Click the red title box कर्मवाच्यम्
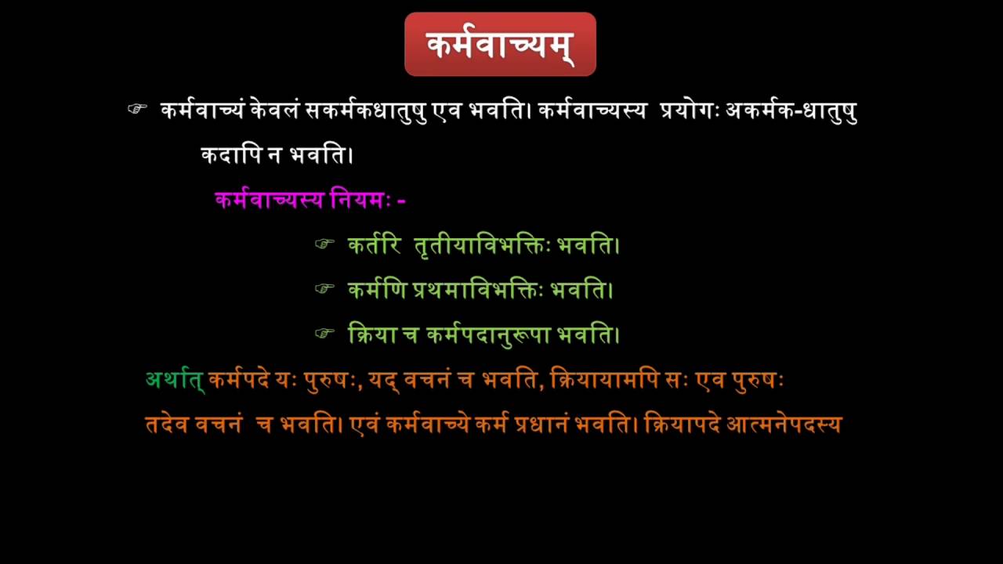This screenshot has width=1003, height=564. coord(500,45)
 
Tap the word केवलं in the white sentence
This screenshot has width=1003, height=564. coord(274,110)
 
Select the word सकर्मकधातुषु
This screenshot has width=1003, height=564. coord(365,111)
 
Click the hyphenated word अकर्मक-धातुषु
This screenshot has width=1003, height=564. coord(791,111)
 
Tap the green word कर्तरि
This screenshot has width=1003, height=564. coord(375,245)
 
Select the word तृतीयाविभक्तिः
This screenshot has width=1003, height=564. coord(482,246)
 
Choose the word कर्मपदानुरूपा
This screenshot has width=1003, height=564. coord(488,335)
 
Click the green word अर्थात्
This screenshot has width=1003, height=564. coord(175,381)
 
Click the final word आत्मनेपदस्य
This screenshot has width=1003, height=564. coord(784,425)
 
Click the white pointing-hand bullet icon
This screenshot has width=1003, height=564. coord(137,109)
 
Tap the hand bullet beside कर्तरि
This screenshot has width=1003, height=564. coord(324,244)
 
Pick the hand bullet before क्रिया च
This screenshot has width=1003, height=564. coord(324,334)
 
